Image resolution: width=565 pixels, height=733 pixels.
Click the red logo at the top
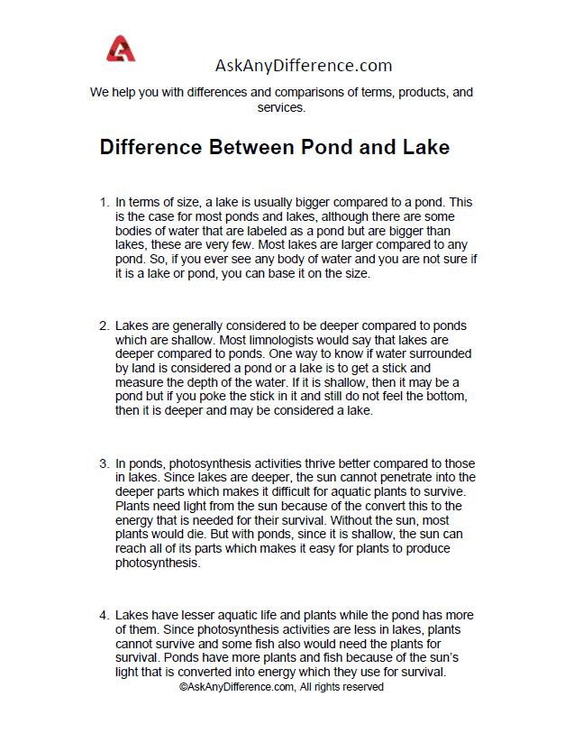tap(120, 49)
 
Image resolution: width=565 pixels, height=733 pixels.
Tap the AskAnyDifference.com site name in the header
tap(303, 65)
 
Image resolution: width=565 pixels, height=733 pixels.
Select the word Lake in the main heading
tap(424, 147)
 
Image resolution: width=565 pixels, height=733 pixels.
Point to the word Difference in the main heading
tap(150, 147)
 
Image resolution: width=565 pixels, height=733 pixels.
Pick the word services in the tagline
tap(281, 106)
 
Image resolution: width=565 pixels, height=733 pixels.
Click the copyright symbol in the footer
tap(184, 687)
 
